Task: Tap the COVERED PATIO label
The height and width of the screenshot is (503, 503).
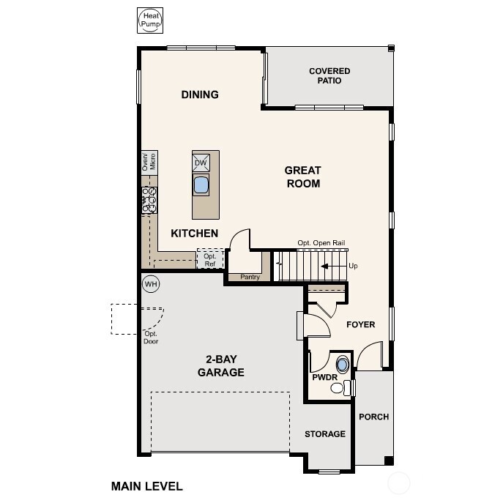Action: [x=329, y=75]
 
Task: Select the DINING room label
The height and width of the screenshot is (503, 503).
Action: [x=200, y=94]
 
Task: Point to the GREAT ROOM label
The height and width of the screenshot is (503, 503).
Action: [x=302, y=177]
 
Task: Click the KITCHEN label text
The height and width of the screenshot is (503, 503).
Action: [x=194, y=234]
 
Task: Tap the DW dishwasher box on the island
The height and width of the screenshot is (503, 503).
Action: [x=201, y=163]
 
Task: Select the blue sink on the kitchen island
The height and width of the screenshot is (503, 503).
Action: [x=201, y=184]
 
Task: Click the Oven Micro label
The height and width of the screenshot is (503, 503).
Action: [x=149, y=162]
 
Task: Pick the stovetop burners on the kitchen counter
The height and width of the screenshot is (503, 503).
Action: [x=149, y=200]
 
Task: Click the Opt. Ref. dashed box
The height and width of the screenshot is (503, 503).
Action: [x=209, y=259]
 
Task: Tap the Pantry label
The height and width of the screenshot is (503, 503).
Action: [x=250, y=277]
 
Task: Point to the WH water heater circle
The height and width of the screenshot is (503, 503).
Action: [x=151, y=283]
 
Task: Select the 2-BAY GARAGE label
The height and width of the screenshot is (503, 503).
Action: [x=220, y=365]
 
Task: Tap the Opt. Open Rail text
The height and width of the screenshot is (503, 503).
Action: [x=321, y=243]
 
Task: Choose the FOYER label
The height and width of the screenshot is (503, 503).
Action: [x=360, y=324]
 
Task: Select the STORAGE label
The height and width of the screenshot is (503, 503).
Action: [x=325, y=434]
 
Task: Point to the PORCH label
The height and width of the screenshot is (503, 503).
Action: [x=373, y=417]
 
